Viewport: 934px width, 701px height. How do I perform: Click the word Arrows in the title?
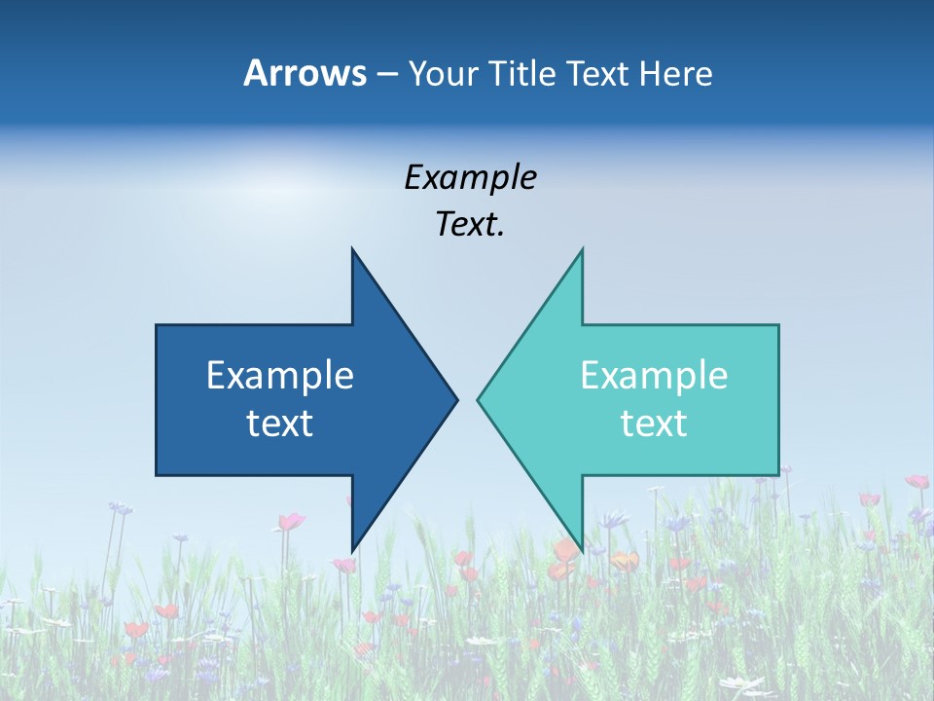(x=305, y=73)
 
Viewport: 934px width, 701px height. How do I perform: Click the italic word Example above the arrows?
(x=470, y=177)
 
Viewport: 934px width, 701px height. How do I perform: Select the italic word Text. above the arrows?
(x=470, y=224)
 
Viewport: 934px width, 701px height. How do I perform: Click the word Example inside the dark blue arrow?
(x=280, y=376)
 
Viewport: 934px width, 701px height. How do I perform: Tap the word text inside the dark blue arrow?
(x=280, y=423)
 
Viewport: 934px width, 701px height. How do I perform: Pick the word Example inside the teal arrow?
(x=654, y=376)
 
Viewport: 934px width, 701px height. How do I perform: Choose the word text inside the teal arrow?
(x=654, y=423)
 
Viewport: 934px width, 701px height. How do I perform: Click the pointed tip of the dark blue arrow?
(x=456, y=399)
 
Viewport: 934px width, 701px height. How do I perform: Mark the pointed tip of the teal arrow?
(x=479, y=399)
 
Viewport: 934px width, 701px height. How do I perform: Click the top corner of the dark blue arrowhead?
(x=352, y=250)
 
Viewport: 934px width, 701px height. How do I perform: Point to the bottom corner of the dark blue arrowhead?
(x=352, y=550)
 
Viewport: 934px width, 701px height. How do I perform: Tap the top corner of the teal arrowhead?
(x=582, y=250)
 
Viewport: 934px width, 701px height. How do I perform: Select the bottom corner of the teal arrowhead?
(x=582, y=550)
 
